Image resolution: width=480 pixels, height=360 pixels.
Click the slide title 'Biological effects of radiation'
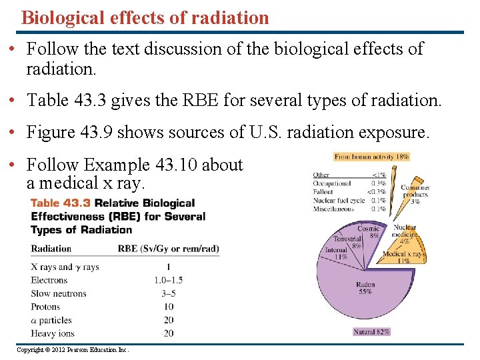(x=145, y=17)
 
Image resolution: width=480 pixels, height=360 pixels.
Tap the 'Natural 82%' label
(x=371, y=331)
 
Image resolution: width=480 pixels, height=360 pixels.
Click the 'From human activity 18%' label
(x=371, y=157)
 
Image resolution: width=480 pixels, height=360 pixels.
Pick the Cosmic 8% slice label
(x=369, y=231)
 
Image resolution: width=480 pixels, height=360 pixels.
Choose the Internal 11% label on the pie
(x=336, y=253)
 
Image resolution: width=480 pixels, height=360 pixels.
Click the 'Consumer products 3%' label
(x=415, y=194)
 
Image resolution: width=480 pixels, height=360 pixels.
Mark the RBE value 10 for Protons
(x=168, y=307)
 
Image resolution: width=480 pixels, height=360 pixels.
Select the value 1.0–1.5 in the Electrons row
(x=168, y=280)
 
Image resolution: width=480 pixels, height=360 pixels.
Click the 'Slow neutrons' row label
(x=59, y=293)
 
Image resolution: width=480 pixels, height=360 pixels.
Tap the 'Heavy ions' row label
(x=53, y=333)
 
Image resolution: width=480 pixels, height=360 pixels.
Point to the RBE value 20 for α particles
(x=168, y=320)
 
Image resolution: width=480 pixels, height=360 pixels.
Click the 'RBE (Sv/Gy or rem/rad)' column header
(x=168, y=249)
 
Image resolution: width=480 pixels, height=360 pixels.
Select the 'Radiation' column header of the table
(x=51, y=249)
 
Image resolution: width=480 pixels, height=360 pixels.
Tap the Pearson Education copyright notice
(x=73, y=350)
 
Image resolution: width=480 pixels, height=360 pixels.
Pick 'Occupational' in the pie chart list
(x=332, y=183)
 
